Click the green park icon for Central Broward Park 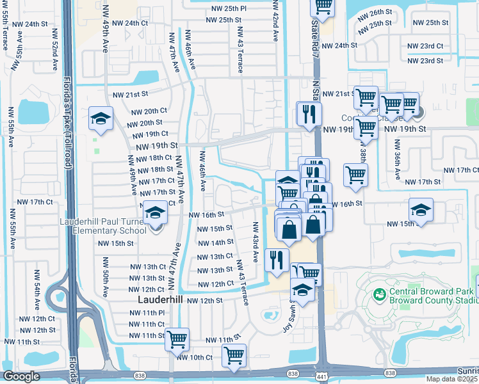pyautogui.click(x=378, y=294)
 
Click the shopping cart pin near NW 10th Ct pyautogui.click(x=234, y=355)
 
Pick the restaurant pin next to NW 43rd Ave pyautogui.click(x=277, y=260)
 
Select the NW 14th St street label pyautogui.click(x=215, y=243)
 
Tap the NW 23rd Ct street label pyautogui.click(x=425, y=46)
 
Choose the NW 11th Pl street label pyautogui.click(x=148, y=313)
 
